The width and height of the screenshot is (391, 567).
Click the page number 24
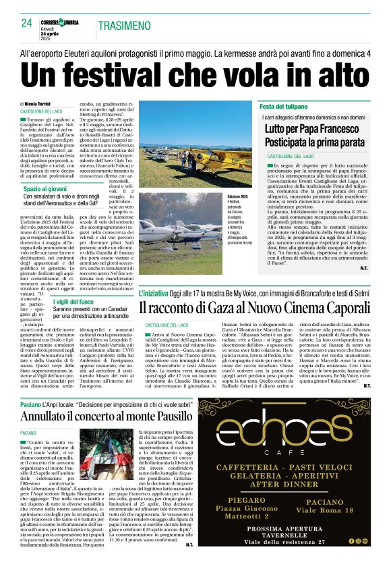[x=27, y=23]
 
